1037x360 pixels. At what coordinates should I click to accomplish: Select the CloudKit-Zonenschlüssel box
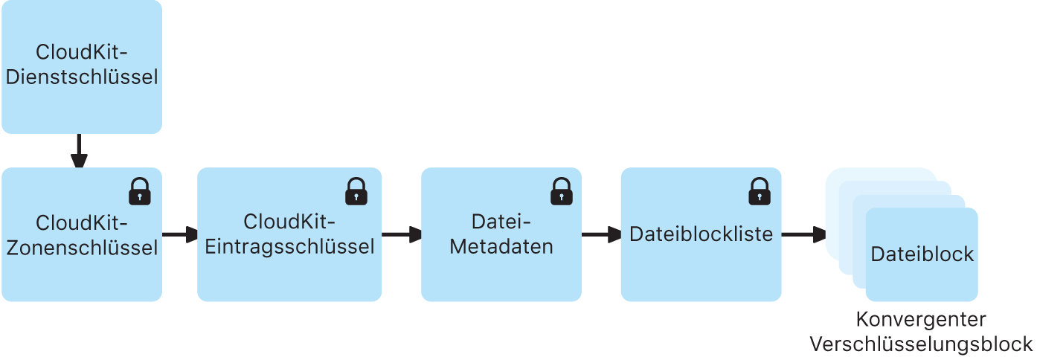point(82,275)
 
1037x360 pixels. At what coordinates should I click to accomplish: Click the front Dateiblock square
point(922,279)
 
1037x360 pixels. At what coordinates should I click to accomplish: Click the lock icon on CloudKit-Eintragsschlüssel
point(356,191)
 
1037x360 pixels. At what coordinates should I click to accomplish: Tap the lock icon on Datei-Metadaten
point(562,191)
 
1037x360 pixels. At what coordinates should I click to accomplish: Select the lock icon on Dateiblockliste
point(760,191)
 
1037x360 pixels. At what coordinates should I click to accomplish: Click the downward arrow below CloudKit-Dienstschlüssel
point(79,152)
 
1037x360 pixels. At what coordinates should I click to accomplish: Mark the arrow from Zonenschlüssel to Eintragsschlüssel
point(179,235)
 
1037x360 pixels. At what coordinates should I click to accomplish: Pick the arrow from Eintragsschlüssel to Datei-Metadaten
point(402,235)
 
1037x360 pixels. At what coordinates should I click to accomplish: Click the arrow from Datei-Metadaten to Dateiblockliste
point(601,235)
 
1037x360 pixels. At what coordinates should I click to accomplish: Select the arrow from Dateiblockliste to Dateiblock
point(803,235)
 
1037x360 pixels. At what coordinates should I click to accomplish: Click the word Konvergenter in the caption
point(921,320)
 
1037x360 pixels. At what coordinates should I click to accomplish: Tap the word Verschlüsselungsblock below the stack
point(921,344)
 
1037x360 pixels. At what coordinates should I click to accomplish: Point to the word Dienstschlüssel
point(82,77)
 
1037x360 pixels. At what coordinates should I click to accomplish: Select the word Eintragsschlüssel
point(289,246)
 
